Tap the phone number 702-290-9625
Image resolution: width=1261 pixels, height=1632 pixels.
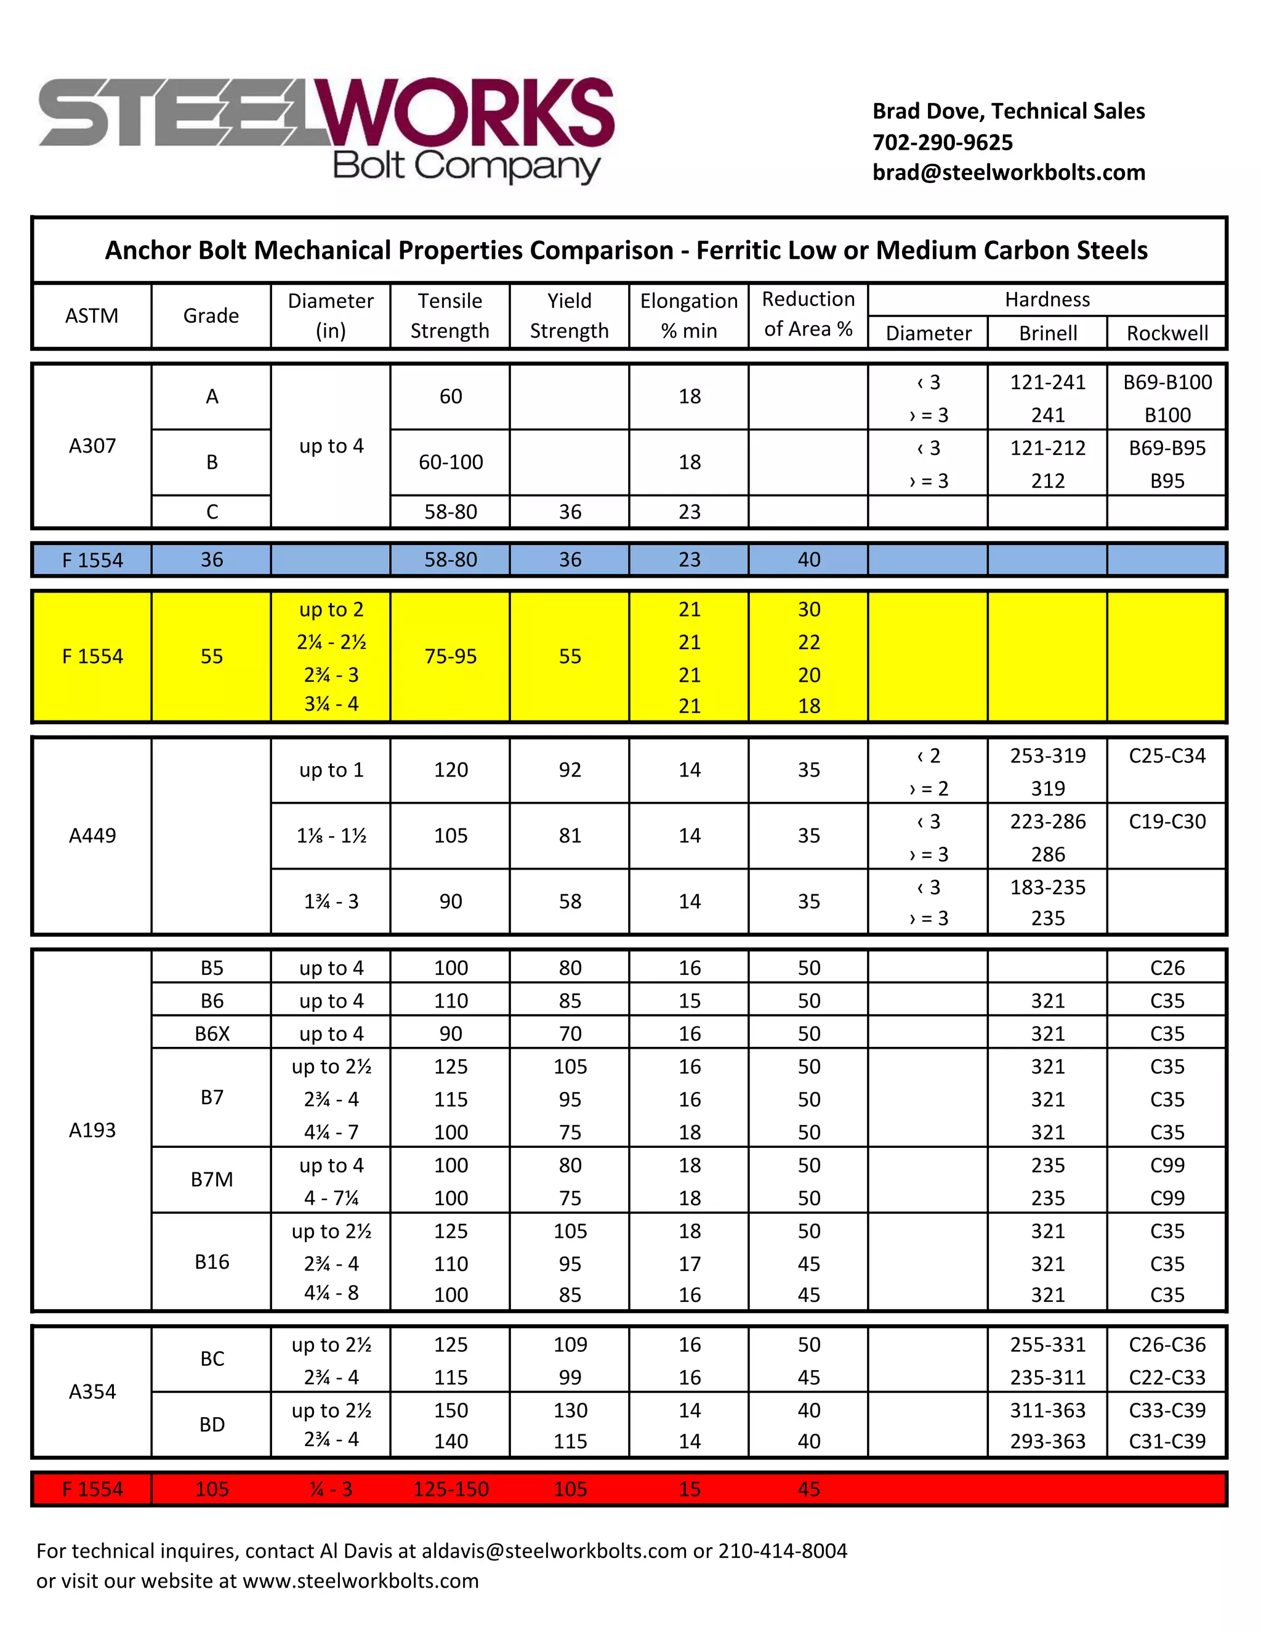pos(942,142)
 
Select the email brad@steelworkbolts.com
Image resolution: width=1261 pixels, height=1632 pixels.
pos(1009,172)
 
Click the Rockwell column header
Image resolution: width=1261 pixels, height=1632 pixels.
pos(1167,333)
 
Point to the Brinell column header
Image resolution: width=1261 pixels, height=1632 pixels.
pos(1047,333)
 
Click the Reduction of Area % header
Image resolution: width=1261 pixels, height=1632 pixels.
pos(808,315)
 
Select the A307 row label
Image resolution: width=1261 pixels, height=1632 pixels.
pos(92,446)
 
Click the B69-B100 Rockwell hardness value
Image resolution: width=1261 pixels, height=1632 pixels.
pos(1167,382)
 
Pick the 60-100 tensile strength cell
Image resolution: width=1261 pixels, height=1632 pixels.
pos(451,463)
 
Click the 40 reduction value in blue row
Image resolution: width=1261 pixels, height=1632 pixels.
pos(808,560)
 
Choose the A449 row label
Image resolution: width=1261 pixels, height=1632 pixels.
pos(92,836)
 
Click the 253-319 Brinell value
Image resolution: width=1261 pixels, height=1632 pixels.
pos(1047,756)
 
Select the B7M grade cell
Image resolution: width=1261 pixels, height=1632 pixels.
pos(212,1179)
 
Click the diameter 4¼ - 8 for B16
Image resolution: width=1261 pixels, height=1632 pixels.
pos(331,1293)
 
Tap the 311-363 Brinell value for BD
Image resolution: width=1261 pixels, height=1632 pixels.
pos(1047,1411)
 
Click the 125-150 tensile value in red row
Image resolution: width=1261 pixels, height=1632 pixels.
pos(451,1489)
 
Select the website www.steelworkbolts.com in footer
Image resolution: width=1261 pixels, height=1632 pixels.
pos(361,1581)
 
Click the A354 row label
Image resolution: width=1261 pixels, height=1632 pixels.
pos(92,1391)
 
